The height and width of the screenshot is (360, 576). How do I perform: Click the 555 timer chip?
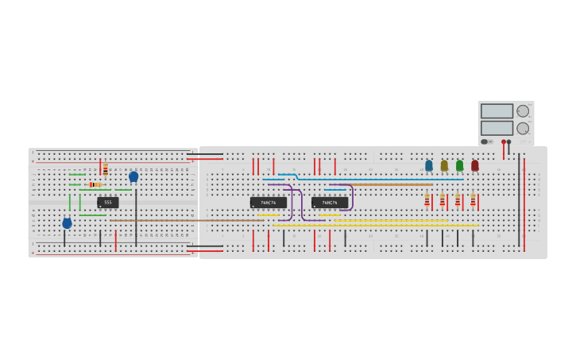point(108,203)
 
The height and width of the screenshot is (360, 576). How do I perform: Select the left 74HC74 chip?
point(269,203)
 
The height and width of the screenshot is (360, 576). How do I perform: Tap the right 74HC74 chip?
point(330,203)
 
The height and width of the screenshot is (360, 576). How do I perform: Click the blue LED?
point(429,165)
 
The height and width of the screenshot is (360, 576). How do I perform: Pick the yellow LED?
point(444,165)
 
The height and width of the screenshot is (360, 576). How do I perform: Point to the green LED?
point(459,165)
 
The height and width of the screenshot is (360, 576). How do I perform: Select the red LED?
point(475,165)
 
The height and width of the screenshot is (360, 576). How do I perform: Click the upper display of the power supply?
point(497,111)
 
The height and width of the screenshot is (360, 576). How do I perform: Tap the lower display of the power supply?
point(497,128)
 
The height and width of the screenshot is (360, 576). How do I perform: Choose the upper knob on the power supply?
point(523,111)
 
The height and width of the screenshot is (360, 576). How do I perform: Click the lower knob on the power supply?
point(523,128)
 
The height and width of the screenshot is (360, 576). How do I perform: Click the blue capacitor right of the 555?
point(133,176)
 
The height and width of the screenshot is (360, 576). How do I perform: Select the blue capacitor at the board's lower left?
point(67,223)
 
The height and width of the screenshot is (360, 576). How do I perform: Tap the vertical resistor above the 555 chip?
point(105,168)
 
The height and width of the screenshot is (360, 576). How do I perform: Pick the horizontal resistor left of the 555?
point(95,184)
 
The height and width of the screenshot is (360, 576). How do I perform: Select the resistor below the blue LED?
point(427,199)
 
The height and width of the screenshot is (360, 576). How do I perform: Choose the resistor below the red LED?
point(473,199)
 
